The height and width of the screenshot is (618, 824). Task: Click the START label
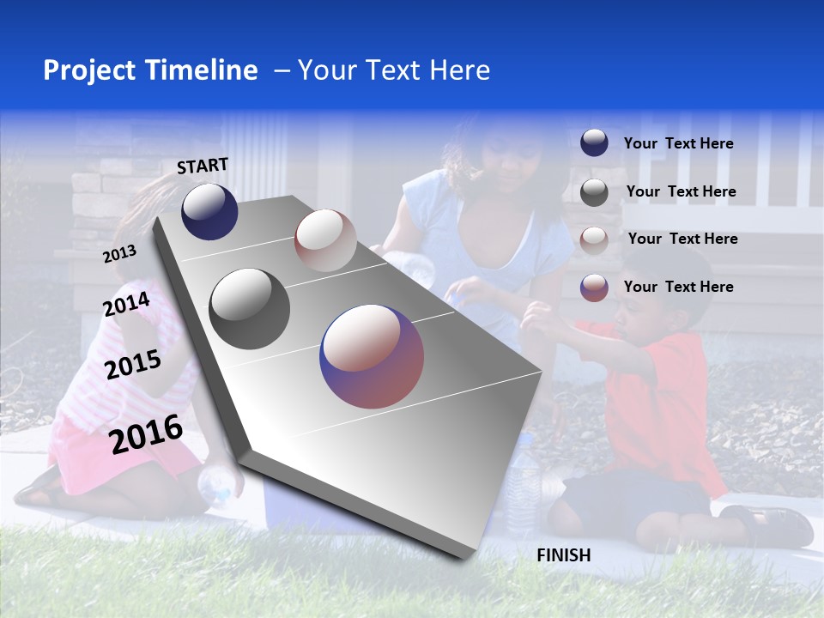(x=203, y=166)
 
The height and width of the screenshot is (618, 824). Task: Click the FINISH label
(x=563, y=555)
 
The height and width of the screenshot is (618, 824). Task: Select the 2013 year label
(x=119, y=254)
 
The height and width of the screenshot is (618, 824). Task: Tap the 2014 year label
(x=126, y=305)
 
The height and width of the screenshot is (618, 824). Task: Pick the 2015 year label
(x=132, y=365)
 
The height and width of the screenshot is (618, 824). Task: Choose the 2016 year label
(x=146, y=434)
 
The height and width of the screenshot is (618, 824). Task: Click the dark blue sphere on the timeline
(x=209, y=211)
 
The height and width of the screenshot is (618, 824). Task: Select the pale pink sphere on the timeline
(x=325, y=240)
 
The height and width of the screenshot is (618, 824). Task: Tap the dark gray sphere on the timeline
(x=250, y=309)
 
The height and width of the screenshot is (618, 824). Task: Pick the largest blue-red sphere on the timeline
(x=372, y=356)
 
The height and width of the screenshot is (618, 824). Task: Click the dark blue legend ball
(x=594, y=143)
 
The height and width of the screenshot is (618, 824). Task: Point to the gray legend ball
(x=594, y=192)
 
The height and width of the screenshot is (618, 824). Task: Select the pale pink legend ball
(x=594, y=239)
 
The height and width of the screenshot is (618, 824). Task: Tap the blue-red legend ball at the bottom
(x=594, y=288)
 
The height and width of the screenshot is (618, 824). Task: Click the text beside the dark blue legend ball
(x=678, y=144)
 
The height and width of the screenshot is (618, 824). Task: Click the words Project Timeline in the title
(x=150, y=70)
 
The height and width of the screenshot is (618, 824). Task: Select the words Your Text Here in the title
(x=394, y=70)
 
